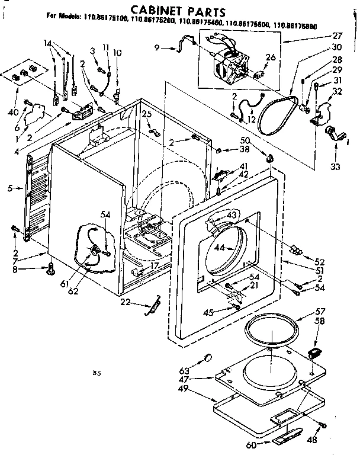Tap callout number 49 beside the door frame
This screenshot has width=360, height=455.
coord(200,388)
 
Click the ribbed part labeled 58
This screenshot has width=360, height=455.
coord(314,354)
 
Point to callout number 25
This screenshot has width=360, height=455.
coord(146,114)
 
